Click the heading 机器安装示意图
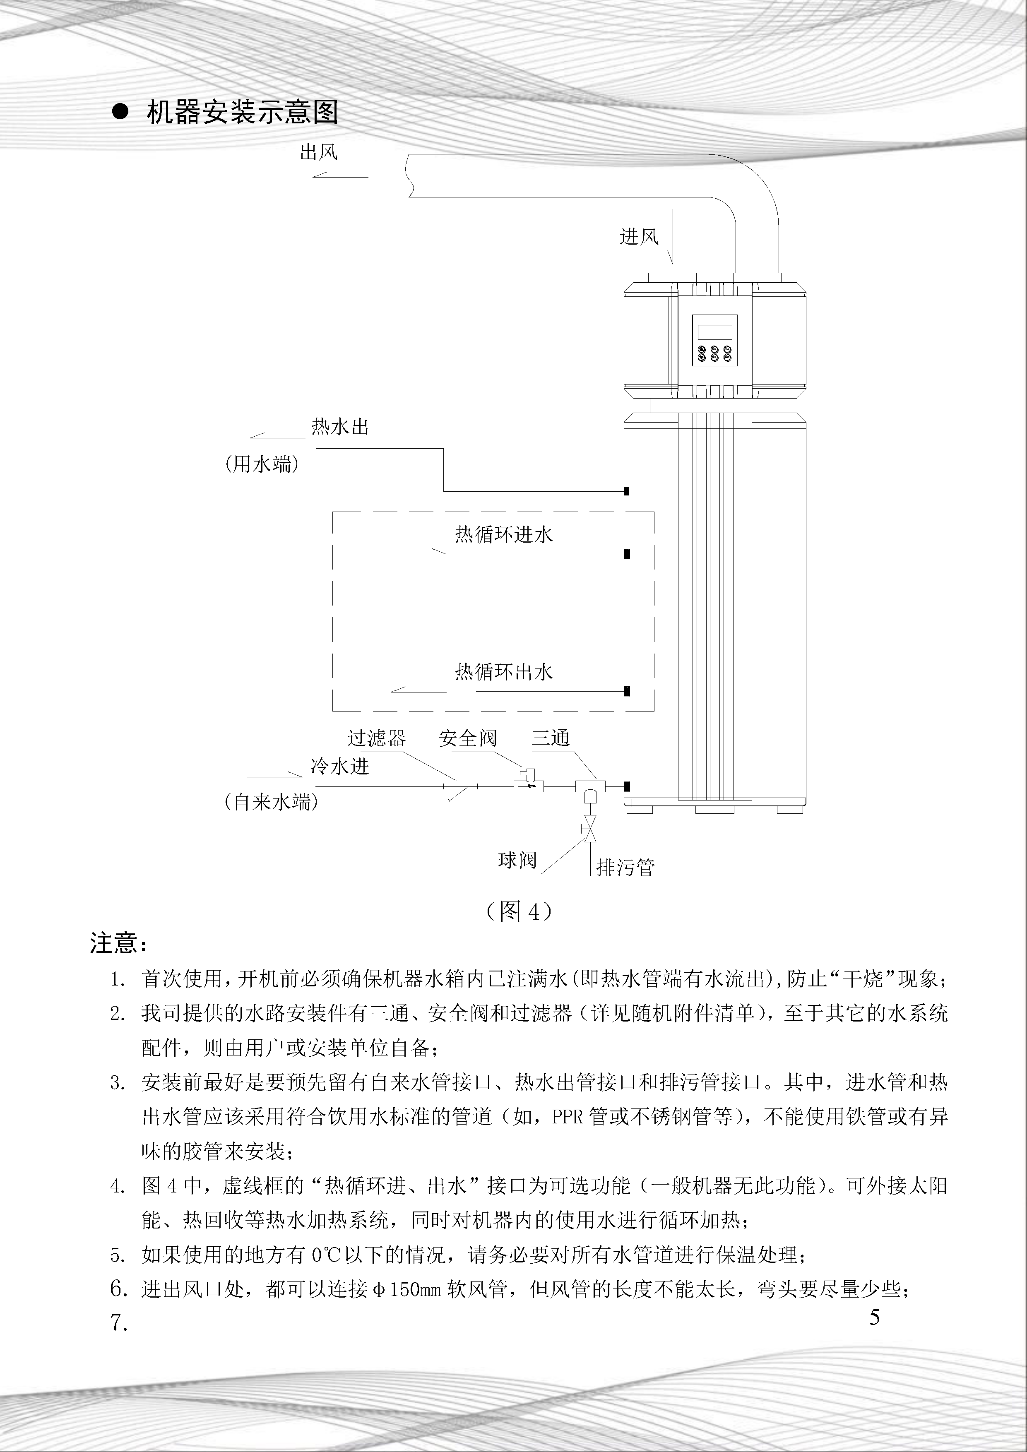(242, 113)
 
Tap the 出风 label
(319, 152)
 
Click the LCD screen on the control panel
(713, 332)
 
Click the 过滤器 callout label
(376, 738)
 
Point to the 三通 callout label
(551, 738)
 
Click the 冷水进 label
(339, 767)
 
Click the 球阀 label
(517, 860)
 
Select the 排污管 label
(625, 867)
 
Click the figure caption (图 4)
(519, 911)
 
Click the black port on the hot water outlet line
(625, 491)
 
